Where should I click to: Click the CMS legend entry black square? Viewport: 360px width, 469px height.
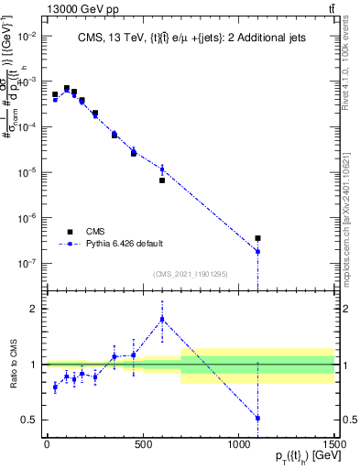click(71, 232)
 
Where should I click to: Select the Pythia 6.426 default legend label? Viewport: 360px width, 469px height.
click(125, 244)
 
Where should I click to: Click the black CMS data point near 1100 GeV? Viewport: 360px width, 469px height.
click(258, 238)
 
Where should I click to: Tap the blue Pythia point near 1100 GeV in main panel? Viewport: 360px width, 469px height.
click(258, 251)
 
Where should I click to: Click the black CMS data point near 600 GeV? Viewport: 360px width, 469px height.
click(162, 180)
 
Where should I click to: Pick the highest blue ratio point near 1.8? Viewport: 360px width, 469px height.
click(162, 319)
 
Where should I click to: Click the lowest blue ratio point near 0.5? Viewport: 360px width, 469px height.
click(258, 418)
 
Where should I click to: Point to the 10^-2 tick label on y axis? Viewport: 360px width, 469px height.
click(27, 36)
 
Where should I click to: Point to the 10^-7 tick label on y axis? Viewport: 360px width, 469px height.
click(27, 263)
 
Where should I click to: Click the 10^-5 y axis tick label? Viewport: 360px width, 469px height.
click(27, 172)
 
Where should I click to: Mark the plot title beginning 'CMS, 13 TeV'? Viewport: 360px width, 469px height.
click(191, 37)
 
